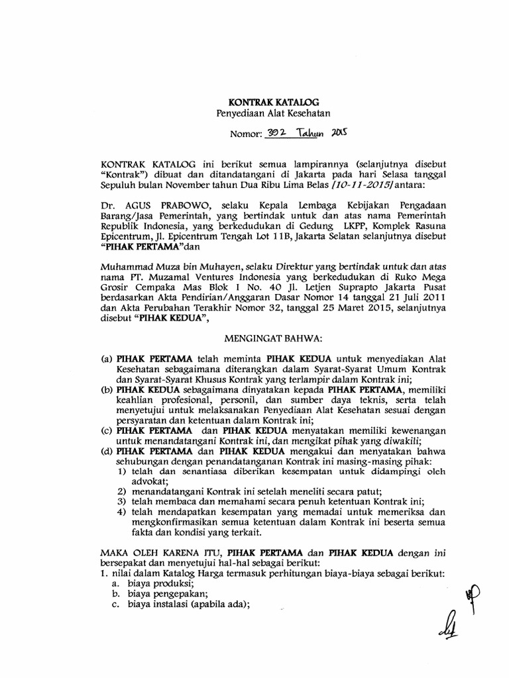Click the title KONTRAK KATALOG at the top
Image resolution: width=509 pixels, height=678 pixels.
coord(274,103)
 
